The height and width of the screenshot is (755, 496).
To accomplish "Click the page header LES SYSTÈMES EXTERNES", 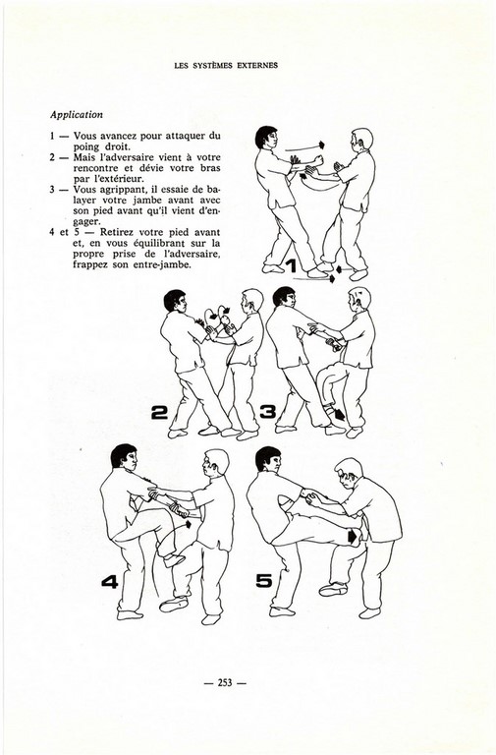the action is pyautogui.click(x=226, y=65).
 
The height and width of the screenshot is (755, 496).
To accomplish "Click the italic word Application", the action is pyautogui.click(x=77, y=115).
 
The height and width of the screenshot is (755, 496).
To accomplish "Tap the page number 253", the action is pyautogui.click(x=225, y=682).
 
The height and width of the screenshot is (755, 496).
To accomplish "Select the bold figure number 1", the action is pyautogui.click(x=291, y=265).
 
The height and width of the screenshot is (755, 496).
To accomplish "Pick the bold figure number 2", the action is pyautogui.click(x=159, y=412).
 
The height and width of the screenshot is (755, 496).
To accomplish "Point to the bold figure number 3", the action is pyautogui.click(x=267, y=412).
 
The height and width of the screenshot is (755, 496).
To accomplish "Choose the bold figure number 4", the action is pyautogui.click(x=110, y=582).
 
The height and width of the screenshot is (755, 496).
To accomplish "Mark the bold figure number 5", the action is pyautogui.click(x=264, y=581).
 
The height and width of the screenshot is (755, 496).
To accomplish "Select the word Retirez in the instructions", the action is pyautogui.click(x=117, y=232).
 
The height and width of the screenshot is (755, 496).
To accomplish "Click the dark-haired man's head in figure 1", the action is pyautogui.click(x=266, y=139).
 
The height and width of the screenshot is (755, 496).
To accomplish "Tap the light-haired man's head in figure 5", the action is pyautogui.click(x=349, y=473).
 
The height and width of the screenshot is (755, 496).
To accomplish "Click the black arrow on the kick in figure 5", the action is pyautogui.click(x=354, y=536).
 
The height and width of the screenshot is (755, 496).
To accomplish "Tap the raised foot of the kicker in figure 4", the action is pyautogui.click(x=174, y=560).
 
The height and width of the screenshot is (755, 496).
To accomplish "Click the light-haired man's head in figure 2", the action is pyautogui.click(x=252, y=301).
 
